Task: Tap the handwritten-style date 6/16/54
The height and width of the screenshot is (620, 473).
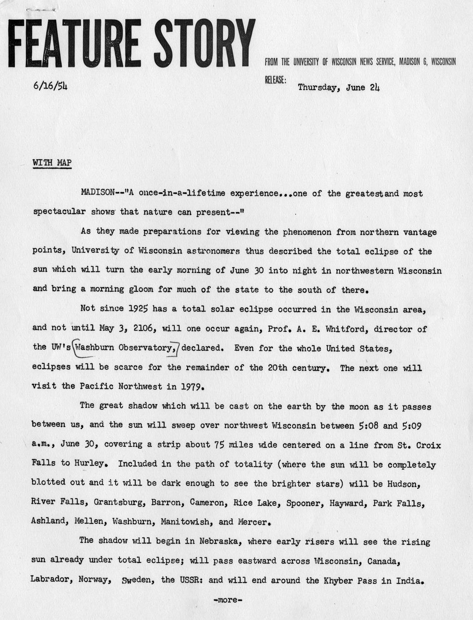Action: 50,86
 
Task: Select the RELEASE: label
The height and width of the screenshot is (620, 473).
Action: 275,80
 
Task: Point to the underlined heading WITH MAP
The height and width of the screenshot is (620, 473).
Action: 52,162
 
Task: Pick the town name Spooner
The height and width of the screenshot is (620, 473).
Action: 304,503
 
